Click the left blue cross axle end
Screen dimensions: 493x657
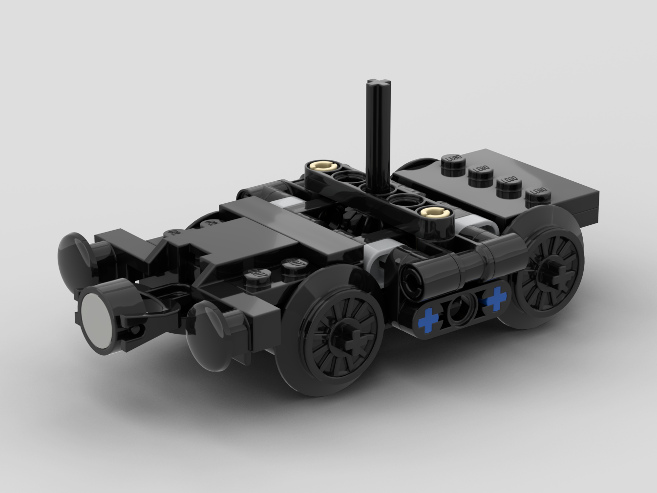tap(428, 319)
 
